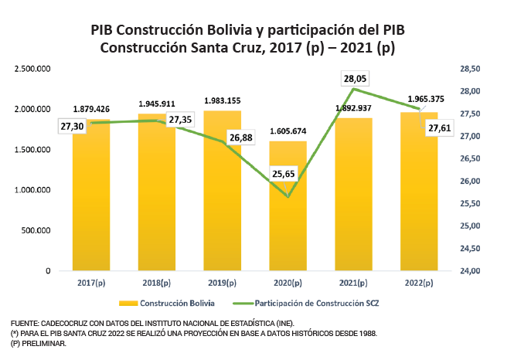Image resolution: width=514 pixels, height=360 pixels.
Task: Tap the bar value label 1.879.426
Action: pos(91,109)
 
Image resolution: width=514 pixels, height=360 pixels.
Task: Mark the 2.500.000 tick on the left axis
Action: pos(32,69)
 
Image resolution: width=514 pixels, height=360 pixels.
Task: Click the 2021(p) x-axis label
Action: pos(353,284)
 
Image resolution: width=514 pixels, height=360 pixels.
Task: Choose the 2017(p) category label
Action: pos(91,284)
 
